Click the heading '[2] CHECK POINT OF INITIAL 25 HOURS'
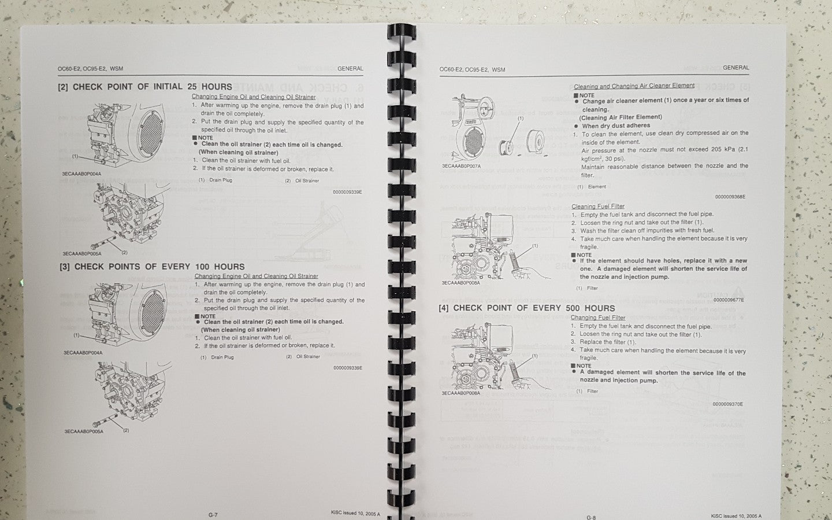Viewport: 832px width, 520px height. point(145,87)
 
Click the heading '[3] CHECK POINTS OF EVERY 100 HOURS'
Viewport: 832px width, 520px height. point(153,267)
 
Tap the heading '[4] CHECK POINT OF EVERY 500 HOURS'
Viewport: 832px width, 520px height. point(527,308)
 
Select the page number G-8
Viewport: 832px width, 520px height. point(591,517)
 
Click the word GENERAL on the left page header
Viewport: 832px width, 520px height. point(350,68)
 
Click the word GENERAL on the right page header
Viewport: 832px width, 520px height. point(736,68)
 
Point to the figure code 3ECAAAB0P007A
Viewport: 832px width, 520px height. point(461,165)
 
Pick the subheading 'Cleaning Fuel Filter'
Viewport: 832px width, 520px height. point(597,206)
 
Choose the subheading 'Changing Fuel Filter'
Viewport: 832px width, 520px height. point(597,318)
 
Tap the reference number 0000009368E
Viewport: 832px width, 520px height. point(730,197)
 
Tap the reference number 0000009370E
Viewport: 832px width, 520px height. point(727,404)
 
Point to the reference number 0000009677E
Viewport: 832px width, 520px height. point(729,300)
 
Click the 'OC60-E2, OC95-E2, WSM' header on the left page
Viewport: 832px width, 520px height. point(90,69)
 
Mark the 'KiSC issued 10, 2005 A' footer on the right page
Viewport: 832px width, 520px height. point(736,516)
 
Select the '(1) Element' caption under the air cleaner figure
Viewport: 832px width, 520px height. point(592,187)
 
